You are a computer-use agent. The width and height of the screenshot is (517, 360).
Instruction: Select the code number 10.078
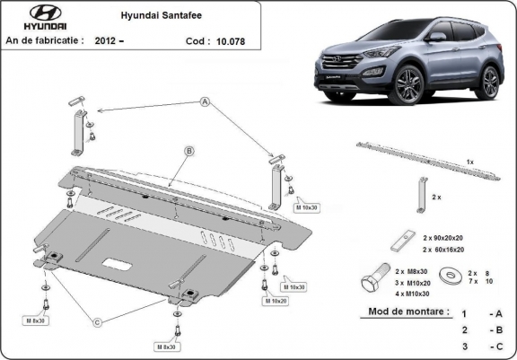[236, 40]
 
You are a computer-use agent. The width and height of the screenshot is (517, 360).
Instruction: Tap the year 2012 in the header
[128, 40]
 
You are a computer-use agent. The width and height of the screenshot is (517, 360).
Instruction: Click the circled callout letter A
[205, 104]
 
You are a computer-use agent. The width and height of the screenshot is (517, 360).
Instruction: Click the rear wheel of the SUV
[490, 82]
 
